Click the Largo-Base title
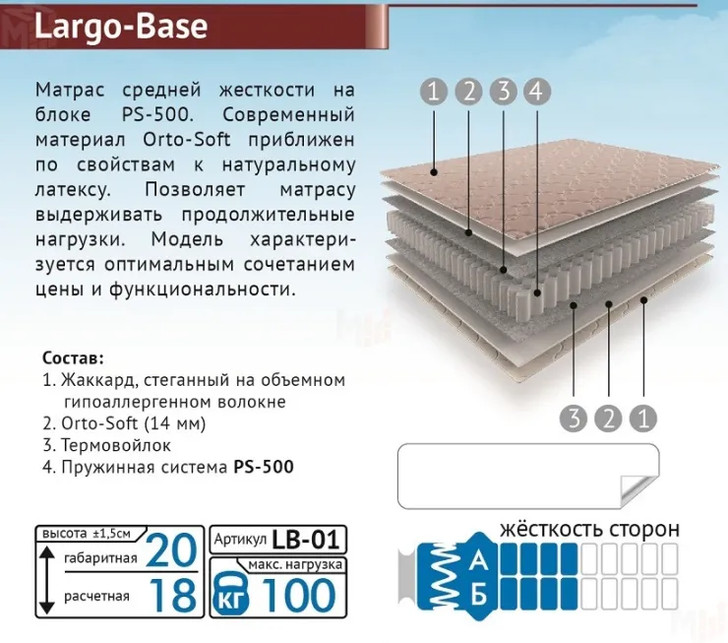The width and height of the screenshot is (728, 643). [120, 27]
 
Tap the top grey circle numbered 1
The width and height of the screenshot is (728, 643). [434, 92]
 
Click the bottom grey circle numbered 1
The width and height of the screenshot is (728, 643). [643, 418]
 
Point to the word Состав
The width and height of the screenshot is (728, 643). [74, 355]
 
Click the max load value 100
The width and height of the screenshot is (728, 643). [300, 594]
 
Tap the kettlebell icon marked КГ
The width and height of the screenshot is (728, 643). [234, 594]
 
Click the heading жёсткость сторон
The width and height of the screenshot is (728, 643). [589, 529]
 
